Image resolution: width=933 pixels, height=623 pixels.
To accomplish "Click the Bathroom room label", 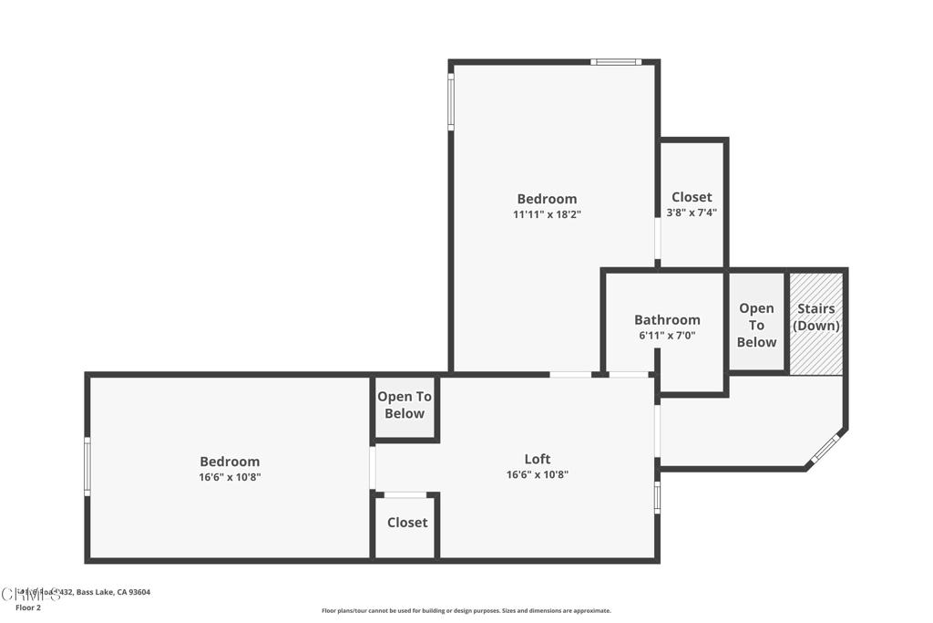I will (667, 320).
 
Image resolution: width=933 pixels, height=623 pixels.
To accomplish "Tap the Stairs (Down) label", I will (816, 317).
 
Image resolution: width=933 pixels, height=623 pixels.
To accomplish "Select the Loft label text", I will (538, 459).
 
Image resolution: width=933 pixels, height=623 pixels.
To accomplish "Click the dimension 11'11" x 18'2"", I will (547, 214).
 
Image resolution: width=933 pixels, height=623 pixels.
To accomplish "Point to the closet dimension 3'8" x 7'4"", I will (692, 213).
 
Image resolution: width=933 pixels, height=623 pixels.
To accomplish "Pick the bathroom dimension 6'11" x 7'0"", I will (667, 336).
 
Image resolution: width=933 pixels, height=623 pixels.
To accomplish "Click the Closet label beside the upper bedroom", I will (692, 197).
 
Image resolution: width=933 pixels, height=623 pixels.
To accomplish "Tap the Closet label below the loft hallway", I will (407, 523).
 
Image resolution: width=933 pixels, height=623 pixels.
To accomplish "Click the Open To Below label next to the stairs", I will (757, 325).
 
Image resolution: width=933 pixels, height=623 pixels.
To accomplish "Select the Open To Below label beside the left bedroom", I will (405, 405).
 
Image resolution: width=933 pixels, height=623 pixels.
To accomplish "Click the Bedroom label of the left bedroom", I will (230, 462).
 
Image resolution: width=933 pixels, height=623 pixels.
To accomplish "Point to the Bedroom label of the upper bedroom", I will (547, 199).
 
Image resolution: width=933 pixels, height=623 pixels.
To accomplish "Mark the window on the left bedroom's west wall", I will (87, 466).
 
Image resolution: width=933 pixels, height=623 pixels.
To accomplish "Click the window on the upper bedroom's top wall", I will (616, 62).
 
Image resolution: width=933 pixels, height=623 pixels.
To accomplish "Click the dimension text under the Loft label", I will (538, 474).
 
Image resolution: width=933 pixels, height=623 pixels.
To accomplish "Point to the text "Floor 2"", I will (29, 607).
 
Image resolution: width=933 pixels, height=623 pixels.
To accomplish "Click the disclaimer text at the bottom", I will (466, 611).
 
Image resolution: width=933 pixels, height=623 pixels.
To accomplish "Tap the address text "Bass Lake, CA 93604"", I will (113, 592).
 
